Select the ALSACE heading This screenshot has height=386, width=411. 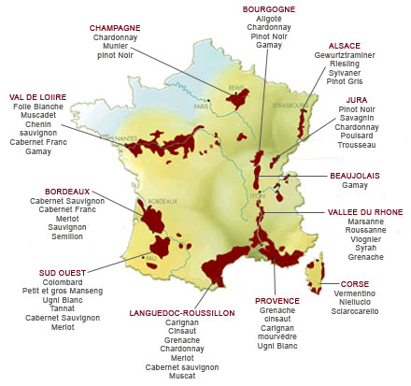point(345,45)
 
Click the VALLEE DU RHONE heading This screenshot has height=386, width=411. point(365,212)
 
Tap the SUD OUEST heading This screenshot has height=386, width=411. point(61,271)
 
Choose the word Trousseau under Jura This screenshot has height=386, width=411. point(359,146)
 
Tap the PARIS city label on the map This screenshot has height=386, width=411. point(198,106)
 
